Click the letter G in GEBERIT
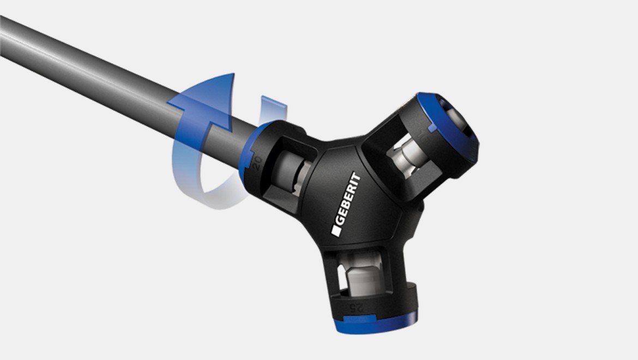point(338,224)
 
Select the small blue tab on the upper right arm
point(431,128)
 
